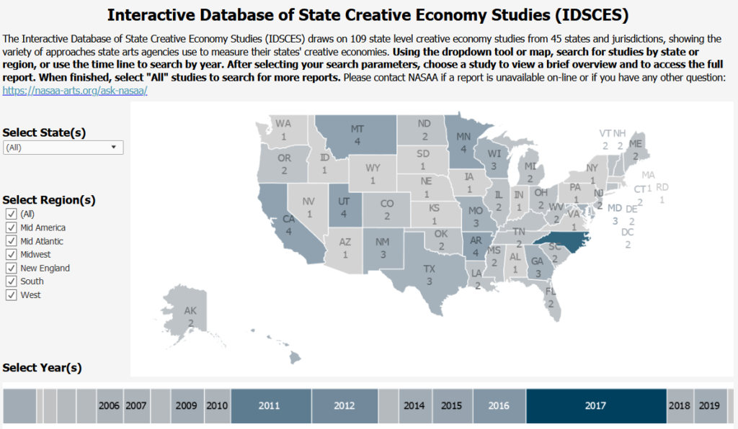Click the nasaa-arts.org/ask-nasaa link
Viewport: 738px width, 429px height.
coord(75,91)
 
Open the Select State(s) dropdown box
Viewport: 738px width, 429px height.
coord(63,148)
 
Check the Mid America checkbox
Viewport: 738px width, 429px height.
coord(12,227)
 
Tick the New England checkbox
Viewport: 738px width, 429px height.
coord(12,268)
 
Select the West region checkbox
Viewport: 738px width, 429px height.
coord(12,295)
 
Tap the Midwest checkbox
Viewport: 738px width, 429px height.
coord(12,255)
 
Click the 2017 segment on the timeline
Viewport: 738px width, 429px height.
coord(596,406)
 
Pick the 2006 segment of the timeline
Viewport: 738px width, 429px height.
coord(110,406)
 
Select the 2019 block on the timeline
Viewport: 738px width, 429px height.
coord(710,406)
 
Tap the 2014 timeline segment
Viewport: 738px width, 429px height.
coord(414,406)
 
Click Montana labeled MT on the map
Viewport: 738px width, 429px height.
coord(356,135)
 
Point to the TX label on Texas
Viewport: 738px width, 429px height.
coord(430,269)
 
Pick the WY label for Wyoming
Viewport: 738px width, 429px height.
coord(373,168)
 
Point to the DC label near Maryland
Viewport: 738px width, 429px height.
coord(628,232)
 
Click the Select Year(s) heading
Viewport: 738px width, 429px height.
coord(42,367)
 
